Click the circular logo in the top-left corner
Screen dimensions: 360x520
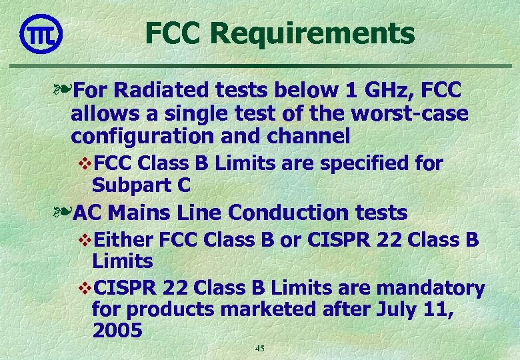pyautogui.click(x=41, y=33)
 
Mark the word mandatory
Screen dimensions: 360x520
pyautogui.click(x=431, y=288)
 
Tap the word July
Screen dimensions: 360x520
pyautogui.click(x=393, y=309)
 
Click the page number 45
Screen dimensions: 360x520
pyautogui.click(x=260, y=349)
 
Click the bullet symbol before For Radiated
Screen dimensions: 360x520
pyautogui.click(x=63, y=90)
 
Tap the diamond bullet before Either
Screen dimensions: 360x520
pyautogui.click(x=85, y=240)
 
